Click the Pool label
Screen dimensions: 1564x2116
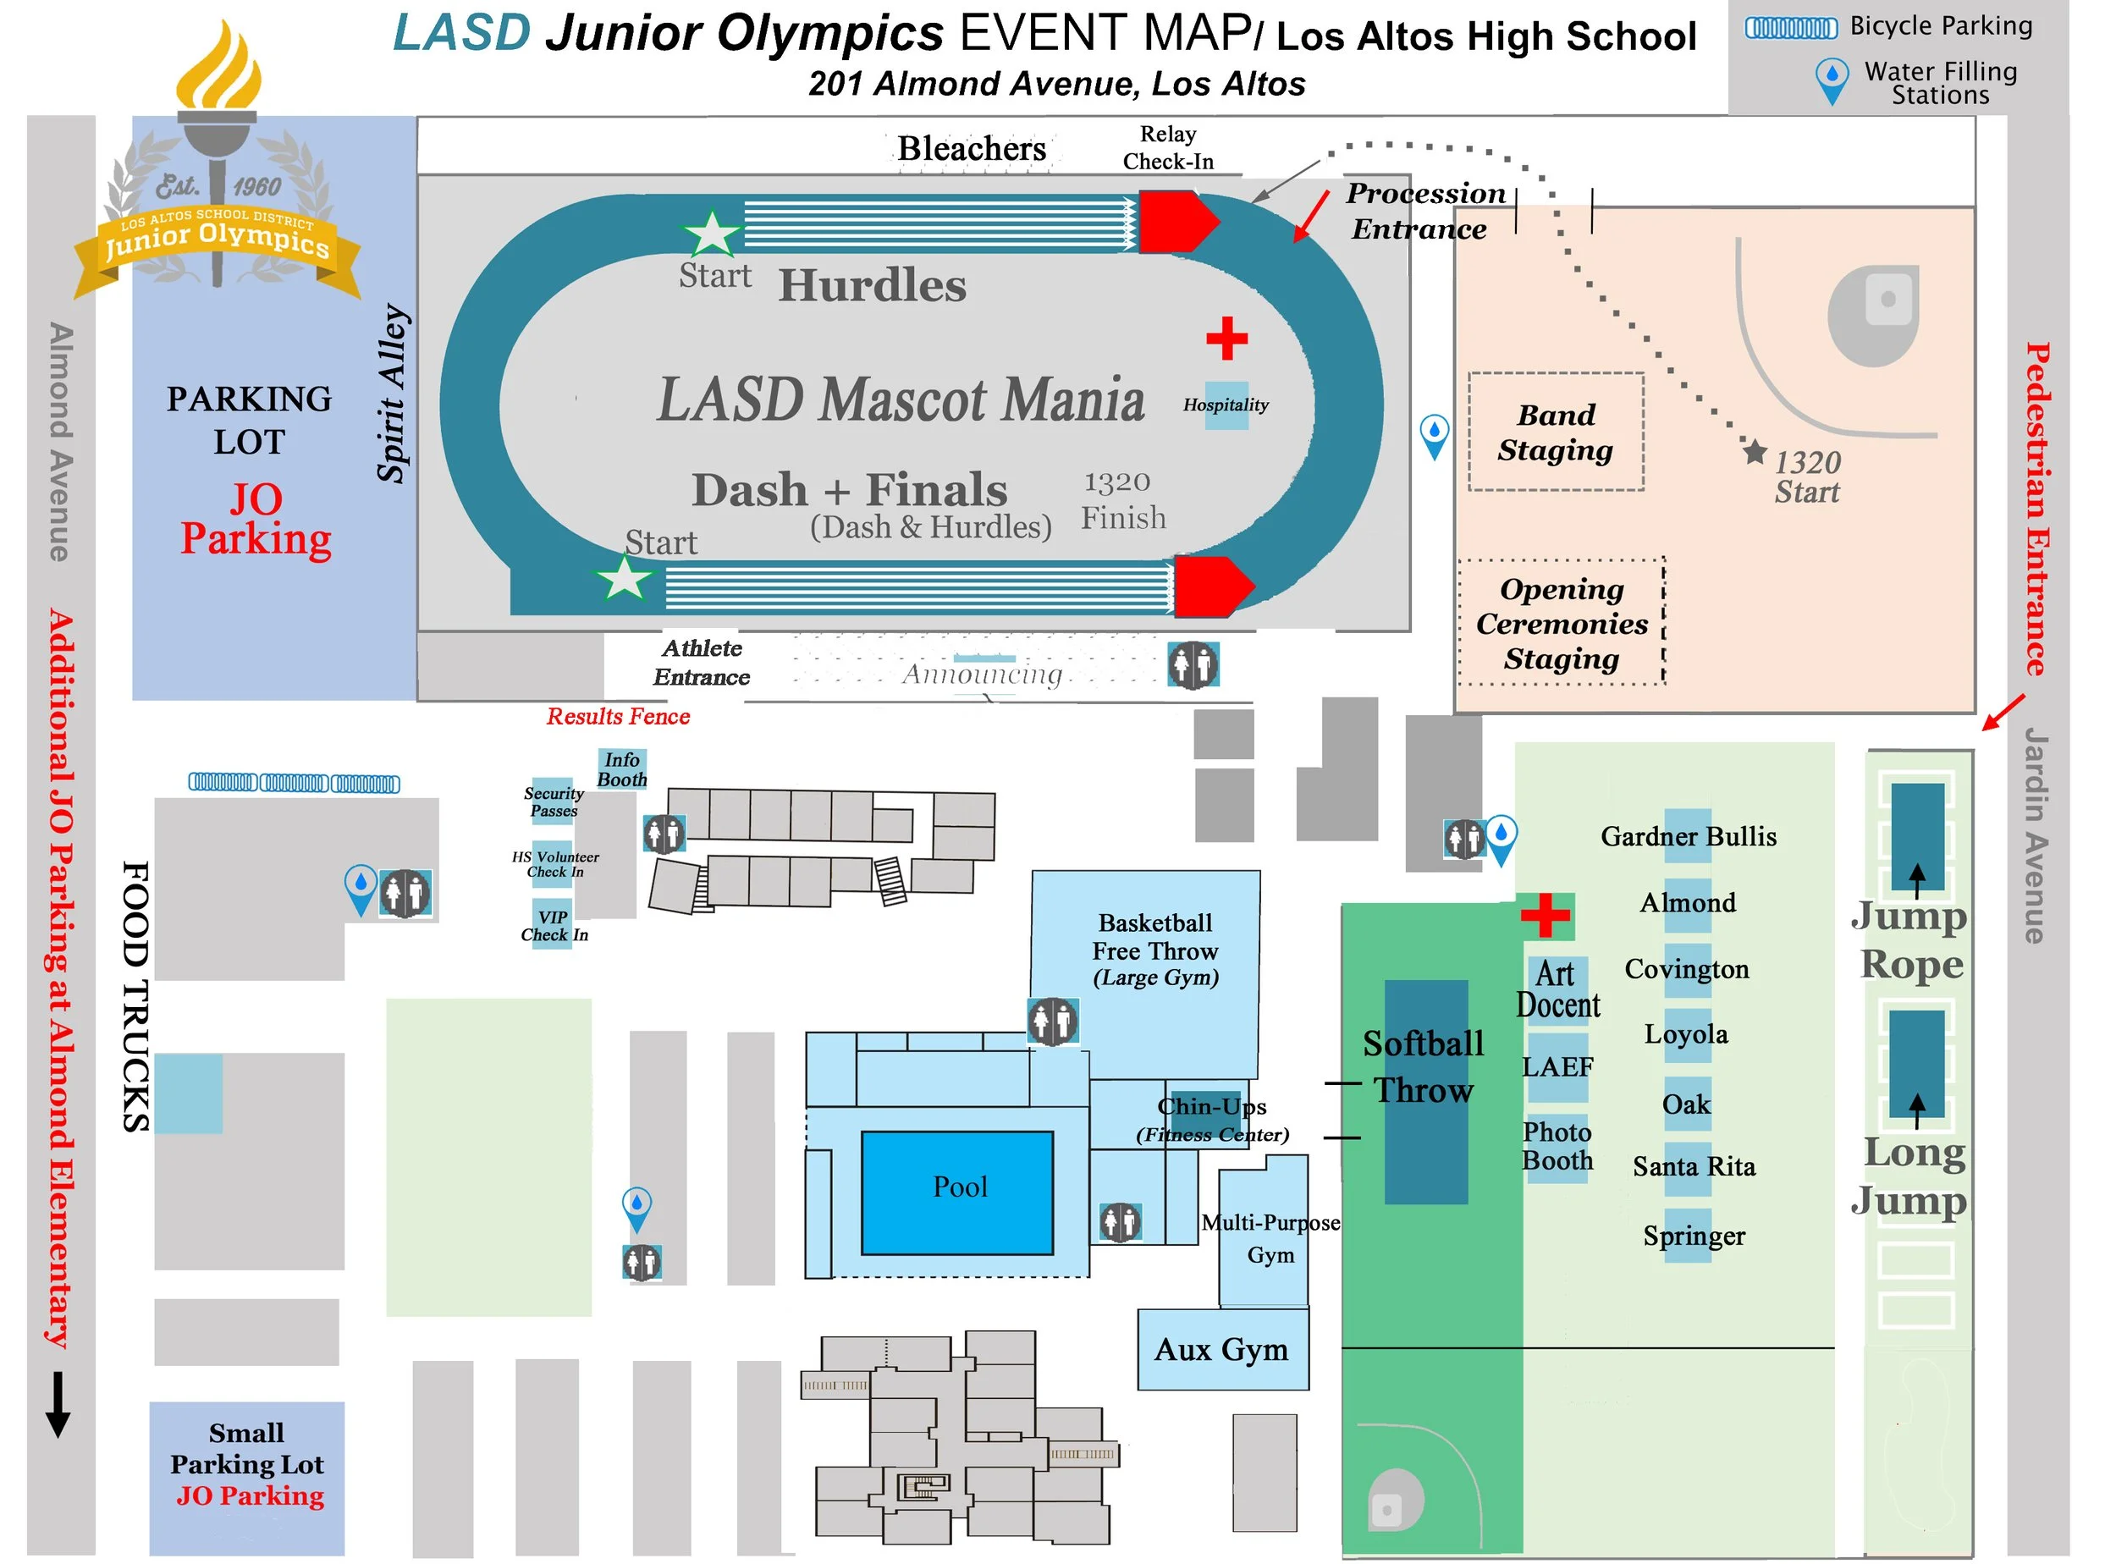click(x=960, y=1187)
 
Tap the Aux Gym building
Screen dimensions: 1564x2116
click(x=1222, y=1350)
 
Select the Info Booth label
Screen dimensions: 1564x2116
click(x=622, y=769)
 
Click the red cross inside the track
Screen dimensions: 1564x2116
click(x=1227, y=339)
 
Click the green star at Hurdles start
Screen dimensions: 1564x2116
click(x=712, y=233)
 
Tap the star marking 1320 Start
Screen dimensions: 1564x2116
click(x=1755, y=452)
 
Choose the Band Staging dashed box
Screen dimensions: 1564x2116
click(x=1556, y=432)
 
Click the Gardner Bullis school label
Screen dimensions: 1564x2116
click(x=1688, y=837)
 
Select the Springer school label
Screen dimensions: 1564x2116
click(x=1694, y=1236)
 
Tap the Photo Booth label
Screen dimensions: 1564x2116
click(x=1557, y=1147)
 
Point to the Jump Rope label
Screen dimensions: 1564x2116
click(x=1909, y=940)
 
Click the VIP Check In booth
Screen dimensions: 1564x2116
click(x=554, y=926)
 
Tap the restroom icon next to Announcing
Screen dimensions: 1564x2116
click(x=1192, y=664)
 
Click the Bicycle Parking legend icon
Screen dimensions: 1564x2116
click(x=1790, y=27)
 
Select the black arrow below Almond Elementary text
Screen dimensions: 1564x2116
click(x=58, y=1405)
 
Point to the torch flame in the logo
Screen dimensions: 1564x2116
click(x=220, y=71)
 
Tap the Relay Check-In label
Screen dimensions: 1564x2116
click(x=1168, y=148)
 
